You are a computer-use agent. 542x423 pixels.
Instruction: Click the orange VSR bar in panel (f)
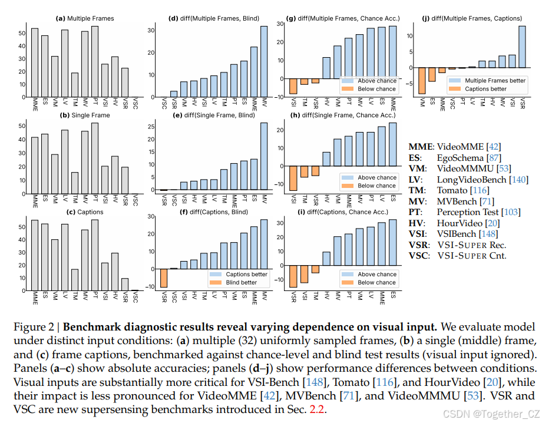click(164, 278)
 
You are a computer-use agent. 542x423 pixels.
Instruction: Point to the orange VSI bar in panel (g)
click(292, 86)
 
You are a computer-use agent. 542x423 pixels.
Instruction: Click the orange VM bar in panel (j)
click(422, 80)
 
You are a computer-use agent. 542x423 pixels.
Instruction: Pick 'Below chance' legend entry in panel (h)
click(376, 186)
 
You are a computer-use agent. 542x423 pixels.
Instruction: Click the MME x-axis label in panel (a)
click(35, 107)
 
